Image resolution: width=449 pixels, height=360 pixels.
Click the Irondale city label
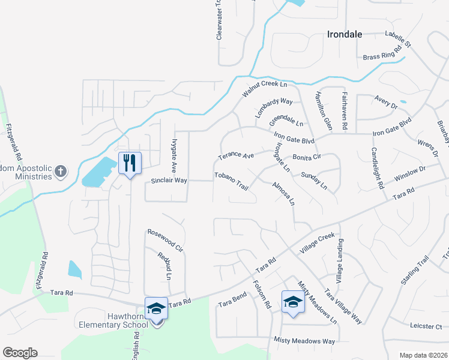click(345, 34)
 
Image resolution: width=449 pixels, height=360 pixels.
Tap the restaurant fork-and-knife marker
click(130, 163)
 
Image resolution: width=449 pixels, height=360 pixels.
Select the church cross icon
click(60, 172)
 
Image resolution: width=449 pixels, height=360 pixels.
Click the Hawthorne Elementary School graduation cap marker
click(156, 309)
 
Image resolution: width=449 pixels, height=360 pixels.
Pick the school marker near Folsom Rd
click(293, 302)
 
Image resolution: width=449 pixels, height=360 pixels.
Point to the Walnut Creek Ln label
click(265, 85)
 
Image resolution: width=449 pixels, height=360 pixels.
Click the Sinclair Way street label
click(169, 180)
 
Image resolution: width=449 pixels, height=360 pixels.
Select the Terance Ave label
click(236, 155)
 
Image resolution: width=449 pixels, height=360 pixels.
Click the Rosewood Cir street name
click(165, 238)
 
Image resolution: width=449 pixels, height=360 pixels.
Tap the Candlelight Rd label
click(376, 169)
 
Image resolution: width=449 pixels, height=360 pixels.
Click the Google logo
click(20, 353)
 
